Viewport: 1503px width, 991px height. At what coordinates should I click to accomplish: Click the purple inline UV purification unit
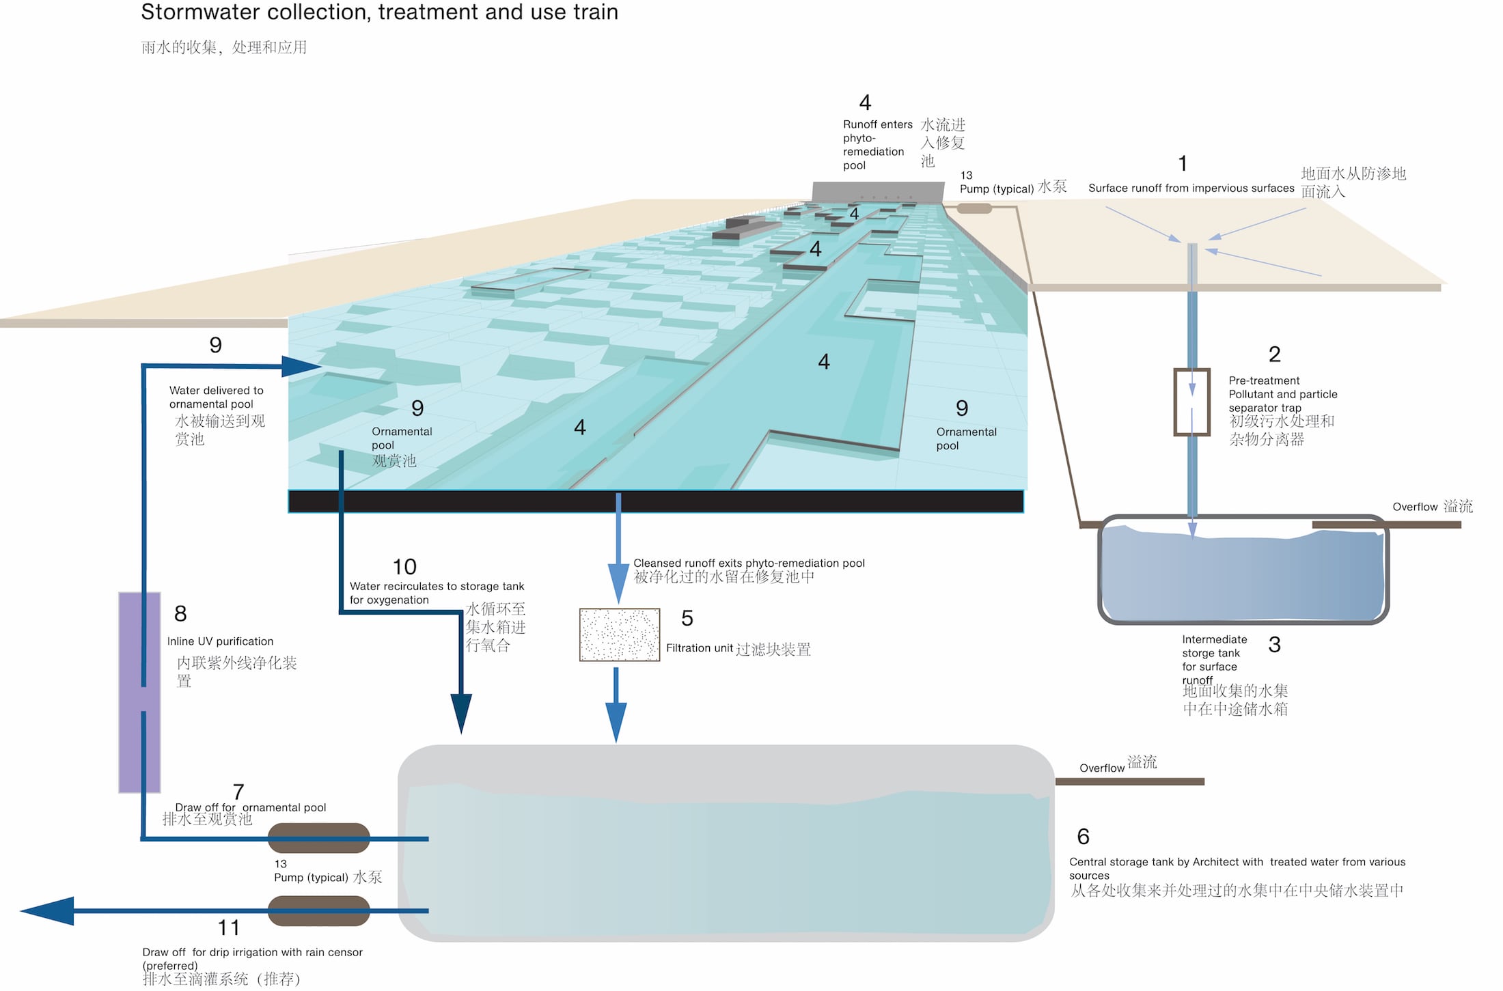tap(139, 692)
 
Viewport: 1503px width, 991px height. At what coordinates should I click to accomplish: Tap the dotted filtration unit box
tap(619, 634)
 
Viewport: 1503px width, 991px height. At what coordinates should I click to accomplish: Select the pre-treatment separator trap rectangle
tap(1191, 402)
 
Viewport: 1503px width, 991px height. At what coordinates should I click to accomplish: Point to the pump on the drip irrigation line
tap(318, 910)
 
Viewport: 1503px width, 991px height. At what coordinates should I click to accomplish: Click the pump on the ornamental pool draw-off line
tap(318, 838)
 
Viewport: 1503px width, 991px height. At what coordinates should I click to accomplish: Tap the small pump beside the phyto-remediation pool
tap(974, 208)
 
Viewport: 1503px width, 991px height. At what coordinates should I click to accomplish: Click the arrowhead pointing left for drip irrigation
tap(48, 910)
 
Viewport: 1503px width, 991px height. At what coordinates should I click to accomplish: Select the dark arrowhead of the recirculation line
tap(461, 713)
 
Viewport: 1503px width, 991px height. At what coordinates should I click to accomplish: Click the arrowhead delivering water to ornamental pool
tap(301, 367)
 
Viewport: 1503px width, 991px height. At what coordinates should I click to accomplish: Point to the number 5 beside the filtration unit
tap(687, 618)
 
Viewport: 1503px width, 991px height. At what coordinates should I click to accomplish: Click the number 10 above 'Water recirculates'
tap(404, 567)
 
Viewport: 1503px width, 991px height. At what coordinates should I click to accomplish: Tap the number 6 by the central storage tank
tap(1083, 837)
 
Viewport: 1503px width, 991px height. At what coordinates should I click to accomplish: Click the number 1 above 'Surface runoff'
tap(1183, 164)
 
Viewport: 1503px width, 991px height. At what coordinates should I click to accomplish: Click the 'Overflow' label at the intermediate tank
tap(1415, 507)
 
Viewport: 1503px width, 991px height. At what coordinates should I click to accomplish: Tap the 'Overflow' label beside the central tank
tap(1101, 768)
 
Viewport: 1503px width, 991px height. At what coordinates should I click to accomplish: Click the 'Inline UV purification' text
tap(220, 641)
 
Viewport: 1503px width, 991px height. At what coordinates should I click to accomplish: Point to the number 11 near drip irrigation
tap(228, 927)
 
